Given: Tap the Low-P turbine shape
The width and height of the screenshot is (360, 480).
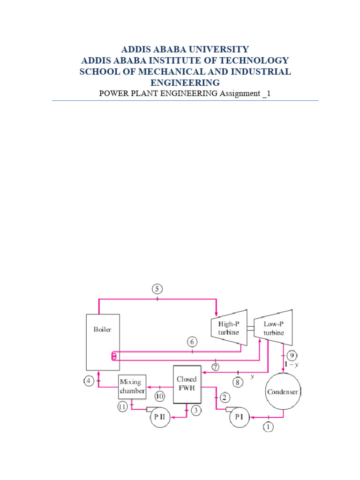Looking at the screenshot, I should coord(273,328).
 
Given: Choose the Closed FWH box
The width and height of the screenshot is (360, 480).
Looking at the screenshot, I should coord(187,384).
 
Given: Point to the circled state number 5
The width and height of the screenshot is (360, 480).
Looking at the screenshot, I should coord(157,288).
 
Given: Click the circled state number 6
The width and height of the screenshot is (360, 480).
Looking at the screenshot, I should coord(192,342).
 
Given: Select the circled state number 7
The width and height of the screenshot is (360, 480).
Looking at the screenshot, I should coord(215,367).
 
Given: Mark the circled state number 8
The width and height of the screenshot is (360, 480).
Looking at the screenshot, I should coord(238,383).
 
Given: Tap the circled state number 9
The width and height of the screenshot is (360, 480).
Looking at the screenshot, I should coord(291,354).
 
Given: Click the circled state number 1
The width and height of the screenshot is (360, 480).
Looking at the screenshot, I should coord(268,427).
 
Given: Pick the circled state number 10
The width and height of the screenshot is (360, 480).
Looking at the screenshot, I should coord(160,397).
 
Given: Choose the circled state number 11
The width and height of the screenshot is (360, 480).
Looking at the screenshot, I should coord(122,407).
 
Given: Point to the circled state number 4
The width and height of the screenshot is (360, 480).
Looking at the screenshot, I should coord(89,382).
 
